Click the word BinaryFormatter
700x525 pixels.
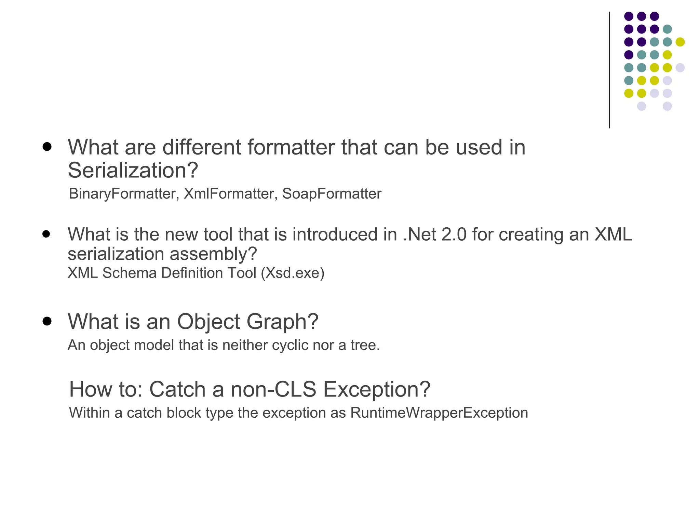pos(122,194)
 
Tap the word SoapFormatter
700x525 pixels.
pos(332,194)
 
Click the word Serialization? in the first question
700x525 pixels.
pos(133,170)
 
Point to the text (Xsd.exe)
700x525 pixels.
pos(293,273)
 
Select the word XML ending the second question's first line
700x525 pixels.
pos(613,234)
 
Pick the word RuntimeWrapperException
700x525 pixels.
pos(439,413)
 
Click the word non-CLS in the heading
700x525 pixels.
pos(273,389)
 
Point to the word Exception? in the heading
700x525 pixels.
pos(377,389)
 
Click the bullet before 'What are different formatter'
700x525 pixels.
pos(47,147)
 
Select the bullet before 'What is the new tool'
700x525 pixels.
pos(46,234)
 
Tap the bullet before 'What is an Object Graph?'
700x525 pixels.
pos(47,322)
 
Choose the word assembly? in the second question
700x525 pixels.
pos(213,254)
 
